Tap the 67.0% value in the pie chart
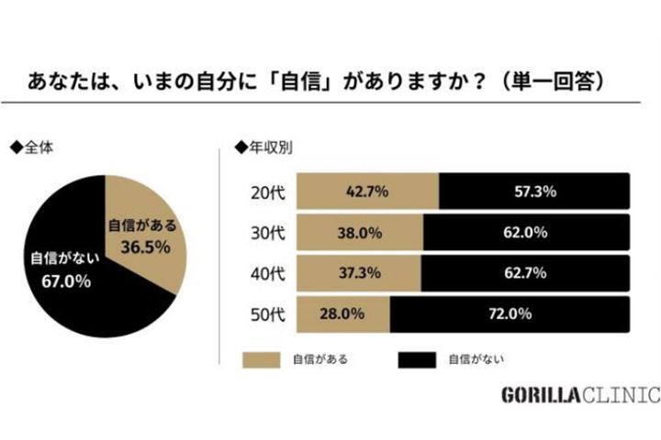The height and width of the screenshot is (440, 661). [x=63, y=281]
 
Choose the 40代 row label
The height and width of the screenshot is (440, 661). [x=267, y=273]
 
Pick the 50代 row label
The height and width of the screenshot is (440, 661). [x=267, y=314]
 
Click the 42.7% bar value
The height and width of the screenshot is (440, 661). [x=367, y=192]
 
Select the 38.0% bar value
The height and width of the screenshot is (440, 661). [x=360, y=233]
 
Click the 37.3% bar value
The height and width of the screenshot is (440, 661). [x=359, y=273]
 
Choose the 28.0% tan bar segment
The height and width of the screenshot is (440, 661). [x=344, y=314]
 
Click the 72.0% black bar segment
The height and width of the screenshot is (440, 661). [x=511, y=314]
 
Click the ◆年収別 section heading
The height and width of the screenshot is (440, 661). [x=265, y=146]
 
